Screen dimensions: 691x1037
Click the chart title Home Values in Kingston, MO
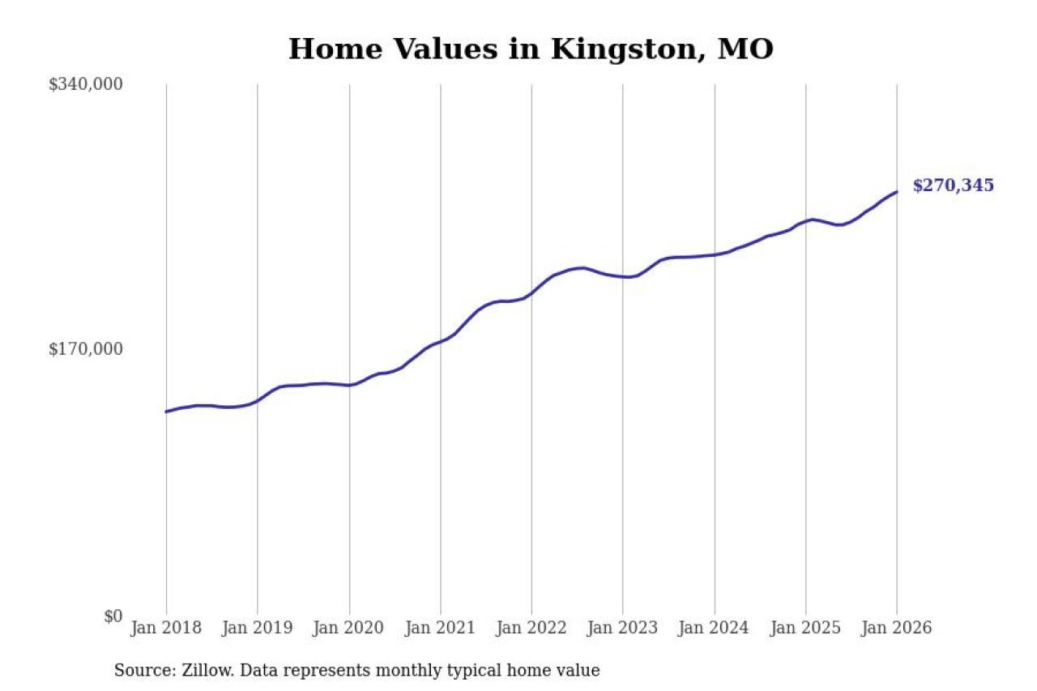pos(531,49)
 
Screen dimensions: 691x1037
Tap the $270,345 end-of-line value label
pos(953,186)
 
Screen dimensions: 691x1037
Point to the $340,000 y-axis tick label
pos(85,84)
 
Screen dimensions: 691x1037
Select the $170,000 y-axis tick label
pos(85,349)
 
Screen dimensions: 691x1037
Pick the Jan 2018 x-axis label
pos(166,628)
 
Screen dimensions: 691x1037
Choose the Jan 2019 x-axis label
pos(258,628)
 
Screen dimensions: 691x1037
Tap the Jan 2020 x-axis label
pos(349,628)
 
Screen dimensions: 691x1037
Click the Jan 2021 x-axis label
pos(441,628)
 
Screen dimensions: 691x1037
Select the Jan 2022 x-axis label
pos(531,628)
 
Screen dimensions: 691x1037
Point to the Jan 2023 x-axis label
pos(623,628)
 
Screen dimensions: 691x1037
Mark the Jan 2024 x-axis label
pos(715,628)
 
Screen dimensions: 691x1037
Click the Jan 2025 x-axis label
pos(806,628)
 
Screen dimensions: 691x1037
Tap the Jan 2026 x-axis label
pos(897,628)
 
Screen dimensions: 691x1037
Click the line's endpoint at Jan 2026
pos(897,192)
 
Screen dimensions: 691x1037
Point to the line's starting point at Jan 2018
pos(166,412)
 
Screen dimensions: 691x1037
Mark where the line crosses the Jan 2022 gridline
pos(531,293)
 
